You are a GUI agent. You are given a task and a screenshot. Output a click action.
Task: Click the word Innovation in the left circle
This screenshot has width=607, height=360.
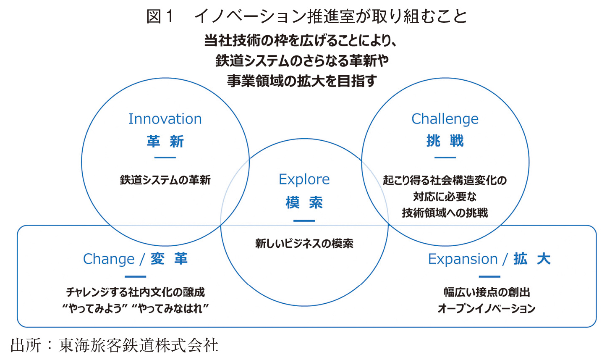[165, 119]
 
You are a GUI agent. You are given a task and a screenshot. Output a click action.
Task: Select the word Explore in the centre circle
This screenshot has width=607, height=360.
[304, 180]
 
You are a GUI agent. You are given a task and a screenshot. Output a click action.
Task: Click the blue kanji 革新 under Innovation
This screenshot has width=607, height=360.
[165, 142]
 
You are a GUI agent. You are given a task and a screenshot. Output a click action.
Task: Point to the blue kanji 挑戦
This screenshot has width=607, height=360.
[445, 141]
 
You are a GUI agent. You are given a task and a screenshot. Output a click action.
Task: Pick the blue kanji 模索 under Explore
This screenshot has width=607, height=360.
[304, 202]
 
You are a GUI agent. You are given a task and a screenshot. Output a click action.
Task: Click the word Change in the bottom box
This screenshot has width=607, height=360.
[109, 259]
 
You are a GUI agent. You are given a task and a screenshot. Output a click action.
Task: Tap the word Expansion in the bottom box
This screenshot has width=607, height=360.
[463, 259]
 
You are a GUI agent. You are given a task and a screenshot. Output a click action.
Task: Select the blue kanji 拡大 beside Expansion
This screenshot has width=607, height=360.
[532, 259]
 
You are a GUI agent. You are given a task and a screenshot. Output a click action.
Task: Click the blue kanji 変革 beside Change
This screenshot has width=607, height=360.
[169, 259]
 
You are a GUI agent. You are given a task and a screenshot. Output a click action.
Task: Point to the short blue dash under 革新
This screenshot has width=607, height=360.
[165, 158]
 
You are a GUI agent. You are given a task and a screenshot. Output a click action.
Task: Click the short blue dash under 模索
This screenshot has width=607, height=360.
[304, 221]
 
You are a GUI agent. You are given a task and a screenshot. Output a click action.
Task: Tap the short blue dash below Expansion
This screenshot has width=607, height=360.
[489, 276]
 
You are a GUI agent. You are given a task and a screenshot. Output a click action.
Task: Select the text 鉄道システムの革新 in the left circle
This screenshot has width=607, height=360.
[165, 180]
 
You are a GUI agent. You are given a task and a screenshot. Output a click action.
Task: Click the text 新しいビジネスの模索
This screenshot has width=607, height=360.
[304, 244]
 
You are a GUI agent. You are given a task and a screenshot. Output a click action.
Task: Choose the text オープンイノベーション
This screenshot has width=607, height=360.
[487, 308]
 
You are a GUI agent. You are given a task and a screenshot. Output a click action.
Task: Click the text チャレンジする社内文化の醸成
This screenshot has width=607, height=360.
[135, 292]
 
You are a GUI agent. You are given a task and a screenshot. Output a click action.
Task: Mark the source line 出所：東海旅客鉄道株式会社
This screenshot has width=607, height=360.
[114, 345]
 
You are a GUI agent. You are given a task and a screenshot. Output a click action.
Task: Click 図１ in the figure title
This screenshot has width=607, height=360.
[160, 16]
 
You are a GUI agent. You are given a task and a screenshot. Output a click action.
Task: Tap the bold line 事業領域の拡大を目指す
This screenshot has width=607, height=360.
[302, 81]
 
